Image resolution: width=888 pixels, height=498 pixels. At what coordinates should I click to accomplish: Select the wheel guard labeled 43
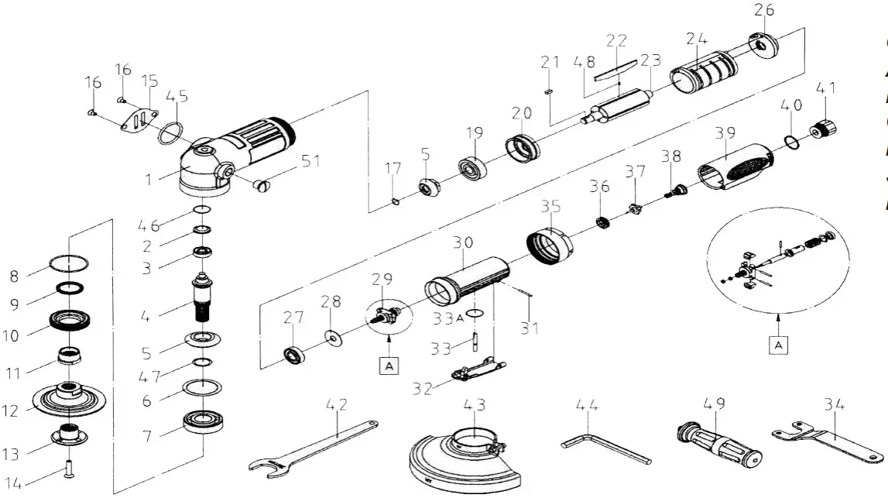point(457,458)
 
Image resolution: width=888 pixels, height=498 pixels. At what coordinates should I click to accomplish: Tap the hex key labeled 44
point(600,447)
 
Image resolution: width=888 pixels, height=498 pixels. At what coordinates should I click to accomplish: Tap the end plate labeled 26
point(763,46)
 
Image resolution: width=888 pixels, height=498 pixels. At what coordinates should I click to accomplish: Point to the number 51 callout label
point(310,161)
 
